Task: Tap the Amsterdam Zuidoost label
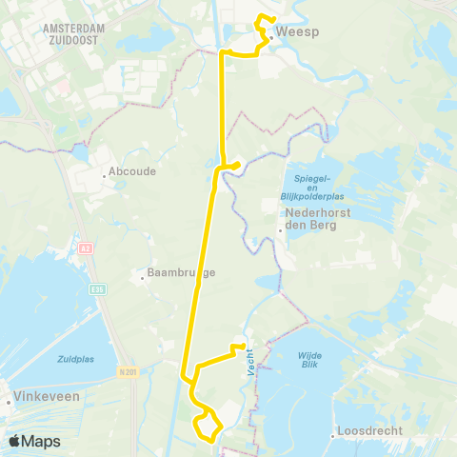click(73, 35)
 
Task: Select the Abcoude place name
click(131, 172)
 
